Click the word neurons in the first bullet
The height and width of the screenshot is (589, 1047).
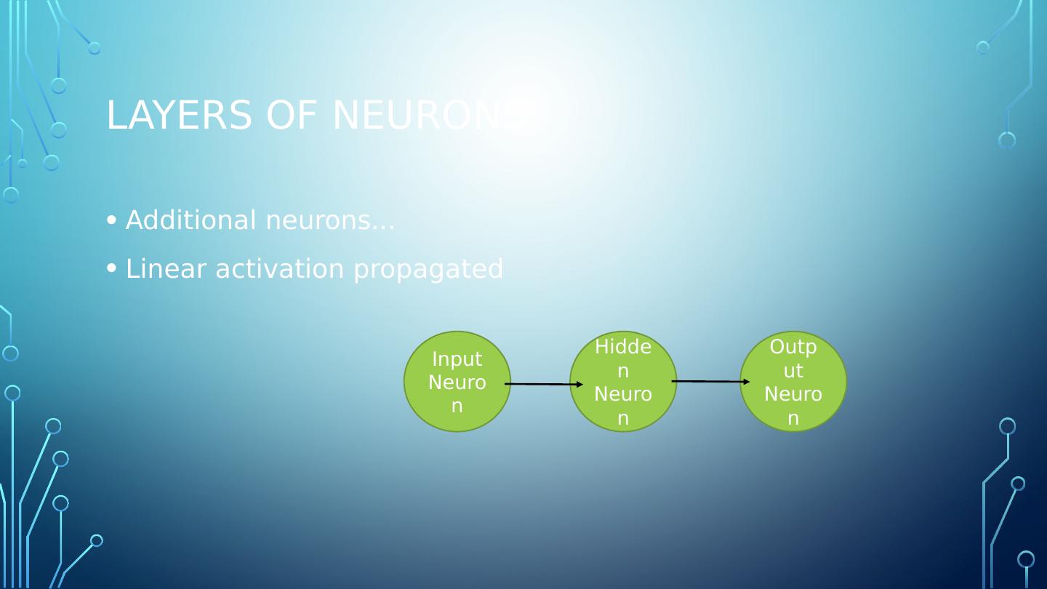click(x=330, y=220)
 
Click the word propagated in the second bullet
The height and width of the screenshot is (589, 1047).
click(x=428, y=270)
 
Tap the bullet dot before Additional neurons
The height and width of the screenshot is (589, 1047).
click(x=111, y=220)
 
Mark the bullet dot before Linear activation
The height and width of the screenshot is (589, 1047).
click(x=111, y=268)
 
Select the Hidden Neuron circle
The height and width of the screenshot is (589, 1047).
click(x=623, y=381)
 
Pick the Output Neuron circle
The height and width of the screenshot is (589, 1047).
click(x=793, y=381)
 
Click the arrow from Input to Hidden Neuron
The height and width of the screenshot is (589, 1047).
click(x=542, y=384)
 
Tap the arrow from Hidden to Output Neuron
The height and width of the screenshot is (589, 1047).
click(x=709, y=381)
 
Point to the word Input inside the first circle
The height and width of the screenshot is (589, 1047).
click(x=457, y=359)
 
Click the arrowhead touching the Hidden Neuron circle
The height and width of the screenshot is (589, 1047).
click(x=579, y=384)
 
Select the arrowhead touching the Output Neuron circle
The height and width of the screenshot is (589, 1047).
click(x=746, y=382)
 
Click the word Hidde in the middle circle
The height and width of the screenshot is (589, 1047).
click(x=623, y=348)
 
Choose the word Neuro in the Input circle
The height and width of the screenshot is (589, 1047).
click(x=457, y=382)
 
